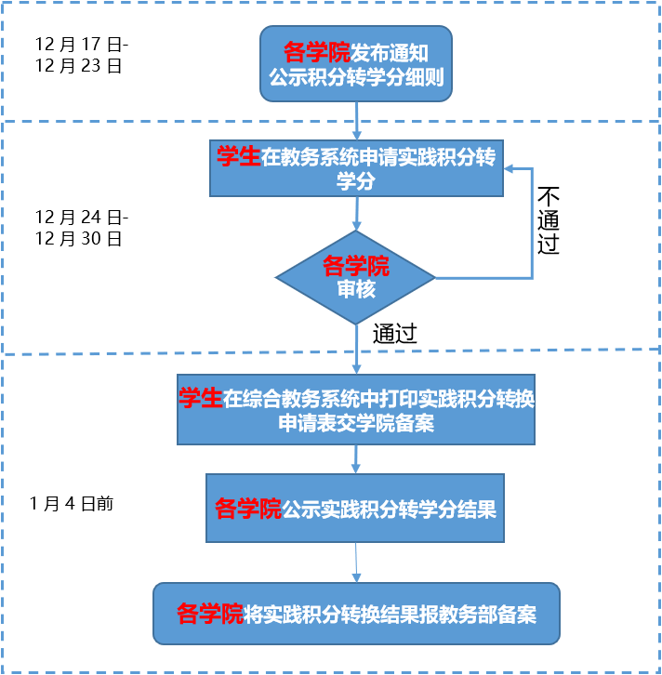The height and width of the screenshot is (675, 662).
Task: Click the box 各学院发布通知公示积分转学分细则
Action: coord(356,62)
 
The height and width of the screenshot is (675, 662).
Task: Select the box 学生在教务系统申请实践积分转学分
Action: coord(355,168)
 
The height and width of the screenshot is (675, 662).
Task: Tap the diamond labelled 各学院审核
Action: coord(355,277)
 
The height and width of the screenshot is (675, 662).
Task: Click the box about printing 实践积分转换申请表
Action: coord(356,410)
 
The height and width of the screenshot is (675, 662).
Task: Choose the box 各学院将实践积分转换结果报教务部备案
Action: coord(356,614)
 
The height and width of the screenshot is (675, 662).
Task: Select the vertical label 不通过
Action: coord(548,221)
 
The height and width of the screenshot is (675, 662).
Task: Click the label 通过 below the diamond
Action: coord(394,334)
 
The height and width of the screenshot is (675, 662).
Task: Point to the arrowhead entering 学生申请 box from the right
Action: coord(510,168)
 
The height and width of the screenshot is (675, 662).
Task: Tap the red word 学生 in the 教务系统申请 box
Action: coord(238,157)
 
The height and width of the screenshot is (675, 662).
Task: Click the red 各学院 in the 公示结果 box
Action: coord(247,509)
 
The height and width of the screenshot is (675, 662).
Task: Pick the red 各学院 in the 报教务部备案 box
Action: coord(209,614)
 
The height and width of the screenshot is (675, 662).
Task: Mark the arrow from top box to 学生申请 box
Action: coord(357,119)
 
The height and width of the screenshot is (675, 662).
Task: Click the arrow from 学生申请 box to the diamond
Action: coord(357,214)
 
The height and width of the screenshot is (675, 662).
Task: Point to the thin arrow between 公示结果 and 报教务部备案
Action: coord(356,562)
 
